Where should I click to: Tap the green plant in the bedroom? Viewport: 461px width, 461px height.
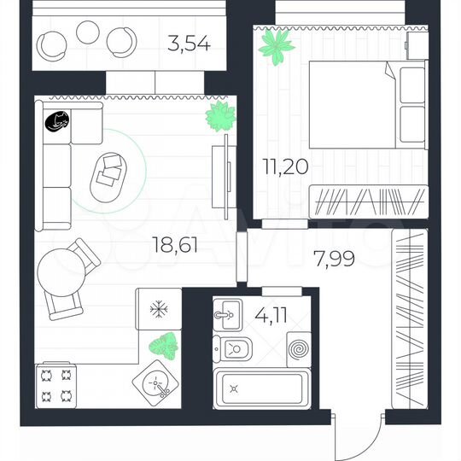(277, 47)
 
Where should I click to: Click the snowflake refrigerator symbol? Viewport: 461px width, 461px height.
(158, 309)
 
